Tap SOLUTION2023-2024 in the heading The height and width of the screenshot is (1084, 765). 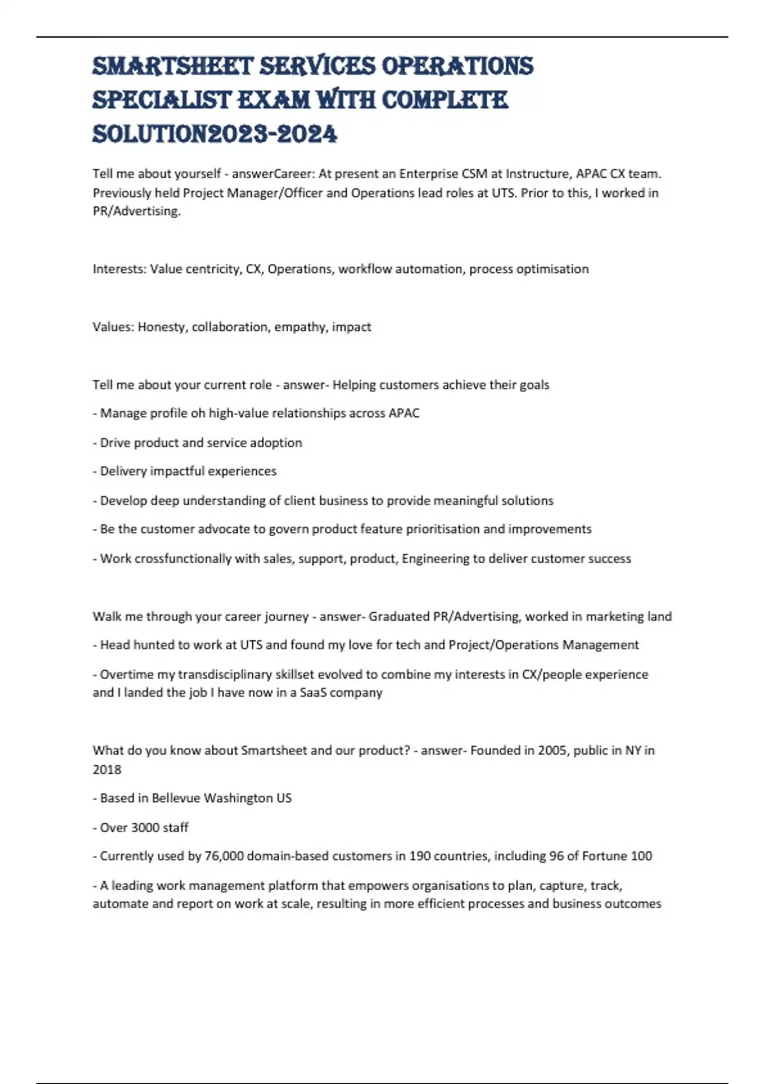(x=215, y=134)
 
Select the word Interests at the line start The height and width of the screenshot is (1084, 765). (x=119, y=269)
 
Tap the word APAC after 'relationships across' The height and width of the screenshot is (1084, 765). (x=404, y=413)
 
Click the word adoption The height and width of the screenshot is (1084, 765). (x=278, y=443)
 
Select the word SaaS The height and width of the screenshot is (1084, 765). (x=313, y=692)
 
